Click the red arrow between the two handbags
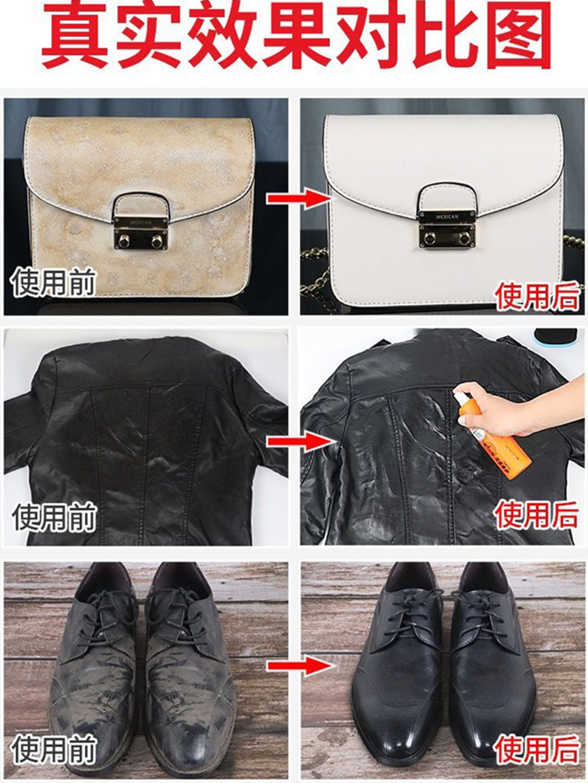pyautogui.click(x=298, y=199)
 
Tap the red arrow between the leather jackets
pyautogui.click(x=299, y=442)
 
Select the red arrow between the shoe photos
pyautogui.click(x=299, y=666)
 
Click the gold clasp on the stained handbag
pyautogui.click(x=139, y=224)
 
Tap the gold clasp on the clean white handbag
pyautogui.click(x=445, y=217)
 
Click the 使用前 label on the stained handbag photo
pyautogui.click(x=54, y=283)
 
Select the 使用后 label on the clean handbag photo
pyautogui.click(x=537, y=296)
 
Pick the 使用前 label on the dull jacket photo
pyautogui.click(x=54, y=518)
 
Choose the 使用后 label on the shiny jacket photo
pyautogui.click(x=537, y=515)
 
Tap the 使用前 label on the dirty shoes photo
pyautogui.click(x=54, y=750)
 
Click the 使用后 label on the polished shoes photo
pyautogui.click(x=537, y=750)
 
